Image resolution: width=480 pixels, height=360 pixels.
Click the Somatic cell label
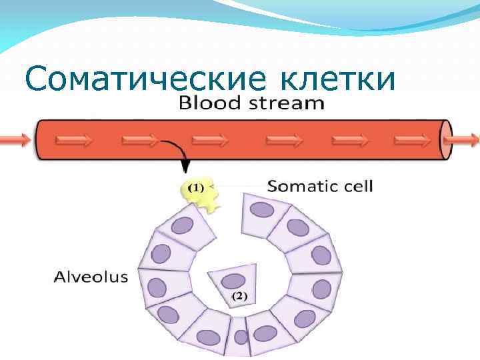320,186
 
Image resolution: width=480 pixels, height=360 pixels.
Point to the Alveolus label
91,277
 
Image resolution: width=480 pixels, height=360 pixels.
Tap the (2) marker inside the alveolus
237,295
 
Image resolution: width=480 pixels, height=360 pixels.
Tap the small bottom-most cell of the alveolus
241,335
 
